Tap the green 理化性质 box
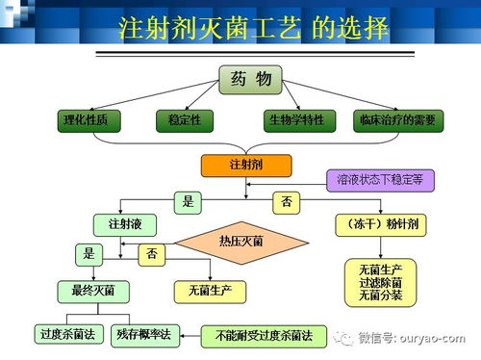click(92, 121)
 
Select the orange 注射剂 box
click(245, 165)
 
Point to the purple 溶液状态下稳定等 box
click(379, 179)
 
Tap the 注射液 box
click(125, 224)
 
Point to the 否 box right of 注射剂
click(287, 202)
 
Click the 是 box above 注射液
click(189, 202)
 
